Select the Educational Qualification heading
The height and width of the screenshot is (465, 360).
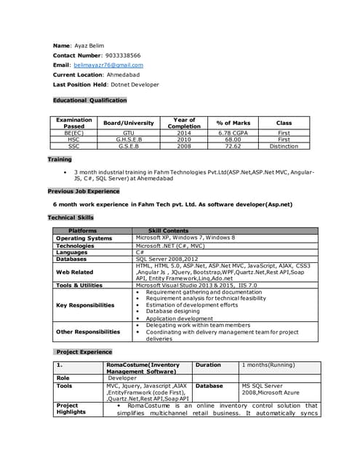[89, 100]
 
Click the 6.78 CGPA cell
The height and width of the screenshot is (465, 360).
[233, 133]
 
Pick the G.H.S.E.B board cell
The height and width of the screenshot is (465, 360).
[129, 139]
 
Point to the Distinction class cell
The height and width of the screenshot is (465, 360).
[284, 146]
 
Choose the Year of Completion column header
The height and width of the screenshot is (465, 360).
[184, 123]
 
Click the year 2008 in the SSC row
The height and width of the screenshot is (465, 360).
[184, 146]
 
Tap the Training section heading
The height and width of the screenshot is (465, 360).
[60, 159]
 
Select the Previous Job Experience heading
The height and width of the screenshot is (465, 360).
[83, 191]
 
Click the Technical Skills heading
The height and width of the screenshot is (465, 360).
[71, 217]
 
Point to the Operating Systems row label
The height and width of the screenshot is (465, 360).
[84, 238]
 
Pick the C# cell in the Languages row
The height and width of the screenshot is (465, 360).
[140, 252]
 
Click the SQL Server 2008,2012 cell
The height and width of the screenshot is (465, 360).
[167, 259]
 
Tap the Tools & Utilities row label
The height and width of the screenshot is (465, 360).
[79, 286]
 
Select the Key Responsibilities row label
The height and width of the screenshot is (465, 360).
[85, 305]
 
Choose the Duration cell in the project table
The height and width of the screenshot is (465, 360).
[208, 365]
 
